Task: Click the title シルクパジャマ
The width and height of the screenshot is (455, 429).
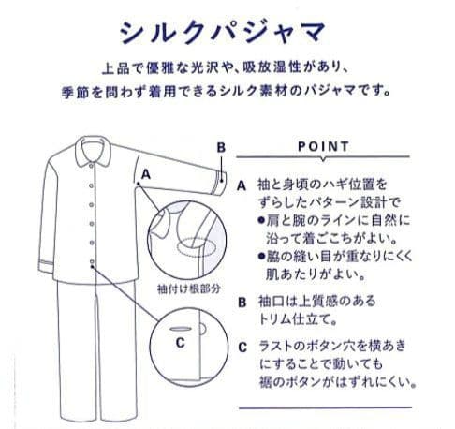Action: pyautogui.click(x=227, y=30)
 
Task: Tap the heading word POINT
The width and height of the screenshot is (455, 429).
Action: pyautogui.click(x=322, y=147)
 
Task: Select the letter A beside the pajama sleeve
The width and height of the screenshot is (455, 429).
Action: pyautogui.click(x=147, y=174)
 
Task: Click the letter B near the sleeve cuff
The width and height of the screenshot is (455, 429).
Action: pyautogui.click(x=221, y=147)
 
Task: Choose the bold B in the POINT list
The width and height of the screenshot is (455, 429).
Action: pyautogui.click(x=241, y=302)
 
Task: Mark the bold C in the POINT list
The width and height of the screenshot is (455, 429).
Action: pyautogui.click(x=241, y=346)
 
